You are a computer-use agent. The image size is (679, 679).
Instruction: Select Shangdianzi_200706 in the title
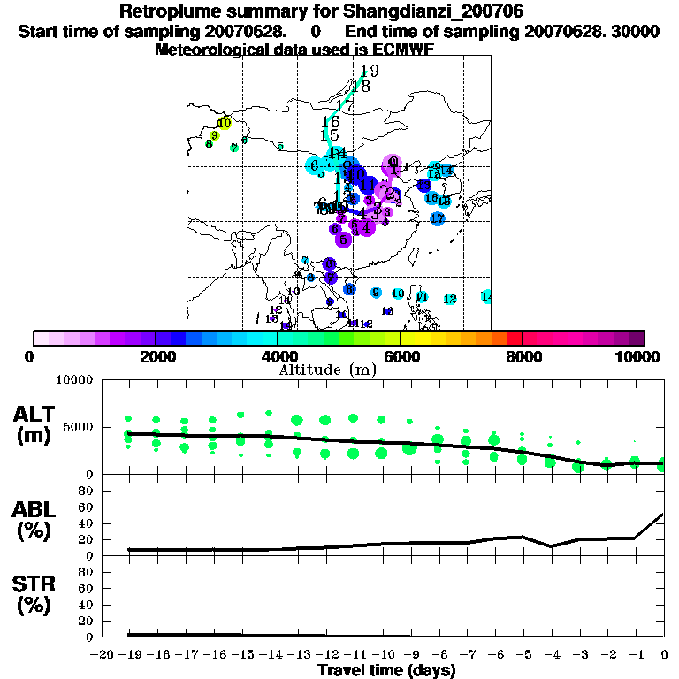pyautogui.click(x=436, y=12)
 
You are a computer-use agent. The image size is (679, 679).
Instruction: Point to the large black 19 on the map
pyautogui.click(x=369, y=72)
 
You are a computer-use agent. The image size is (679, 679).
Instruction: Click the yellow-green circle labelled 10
pyautogui.click(x=225, y=124)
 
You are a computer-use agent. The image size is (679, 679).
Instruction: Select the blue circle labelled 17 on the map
pyautogui.click(x=437, y=218)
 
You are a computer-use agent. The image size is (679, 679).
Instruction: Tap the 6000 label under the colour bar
pyautogui.click(x=400, y=356)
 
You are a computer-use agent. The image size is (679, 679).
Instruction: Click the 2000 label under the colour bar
pyautogui.click(x=156, y=356)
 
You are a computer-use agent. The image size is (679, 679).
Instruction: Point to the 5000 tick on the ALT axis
pyautogui.click(x=78, y=429)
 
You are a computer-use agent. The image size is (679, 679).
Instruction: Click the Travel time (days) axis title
pyautogui.click(x=386, y=670)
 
